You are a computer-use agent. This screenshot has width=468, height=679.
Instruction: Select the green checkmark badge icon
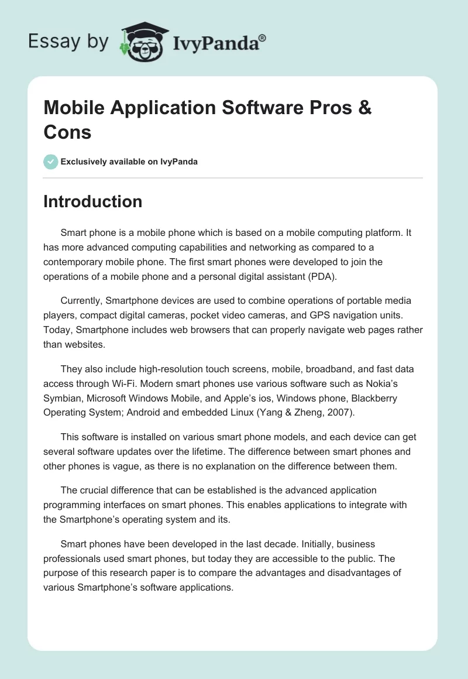51,162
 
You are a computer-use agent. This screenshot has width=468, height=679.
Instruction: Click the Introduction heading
92,201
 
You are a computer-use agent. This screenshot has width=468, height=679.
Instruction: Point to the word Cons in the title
67,132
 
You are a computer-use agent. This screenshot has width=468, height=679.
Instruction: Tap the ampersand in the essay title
364,108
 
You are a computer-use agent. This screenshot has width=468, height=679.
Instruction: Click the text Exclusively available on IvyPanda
129,162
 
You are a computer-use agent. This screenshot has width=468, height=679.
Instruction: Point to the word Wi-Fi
151,383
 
